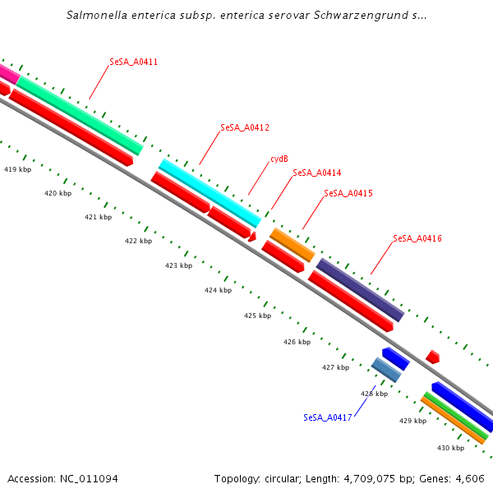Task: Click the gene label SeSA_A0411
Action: pyautogui.click(x=134, y=62)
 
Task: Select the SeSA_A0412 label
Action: pyautogui.click(x=245, y=127)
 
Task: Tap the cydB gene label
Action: pyautogui.click(x=279, y=159)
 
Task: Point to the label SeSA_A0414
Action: pyautogui.click(x=317, y=173)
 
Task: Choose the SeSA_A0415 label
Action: pyautogui.click(x=348, y=193)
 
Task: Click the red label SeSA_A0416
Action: pyautogui.click(x=417, y=238)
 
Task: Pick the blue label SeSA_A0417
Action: pyautogui.click(x=328, y=417)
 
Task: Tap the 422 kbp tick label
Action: pyautogui.click(x=138, y=241)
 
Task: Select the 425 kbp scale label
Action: pyautogui.click(x=257, y=316)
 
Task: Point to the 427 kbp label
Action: pyautogui.click(x=335, y=367)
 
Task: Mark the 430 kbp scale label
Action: pyautogui.click(x=450, y=448)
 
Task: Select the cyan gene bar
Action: pyautogui.click(x=210, y=193)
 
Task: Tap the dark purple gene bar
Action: pyautogui.click(x=360, y=290)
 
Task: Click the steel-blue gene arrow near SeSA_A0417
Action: pyautogui.click(x=385, y=370)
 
